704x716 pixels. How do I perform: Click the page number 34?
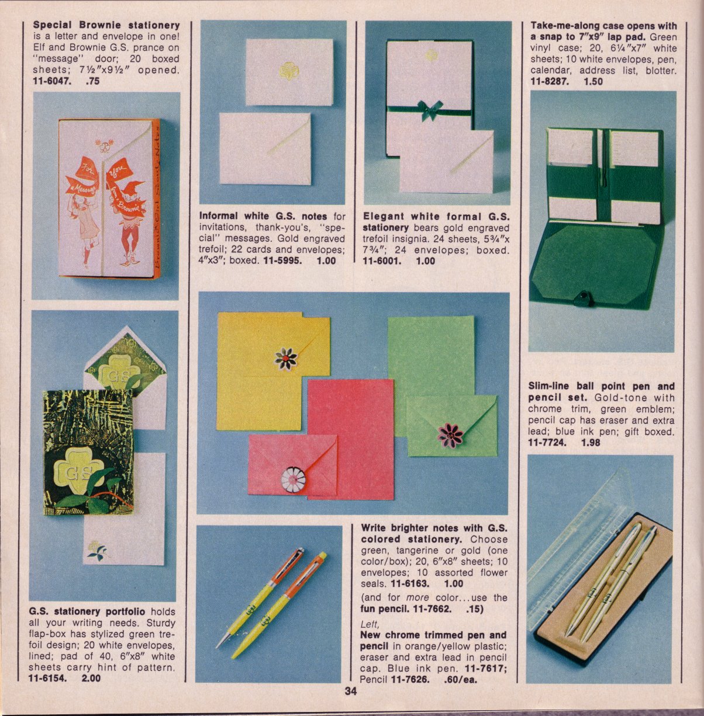tap(350, 691)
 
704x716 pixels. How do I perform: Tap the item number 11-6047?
tap(51, 81)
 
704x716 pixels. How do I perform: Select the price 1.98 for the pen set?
tap(591, 443)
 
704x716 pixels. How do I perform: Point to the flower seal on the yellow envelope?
tap(286, 359)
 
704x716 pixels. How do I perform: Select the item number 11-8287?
tap(550, 81)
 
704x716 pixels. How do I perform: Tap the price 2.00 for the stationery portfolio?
tap(91, 678)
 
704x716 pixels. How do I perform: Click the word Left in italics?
tap(370, 624)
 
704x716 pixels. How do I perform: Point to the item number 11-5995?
tap(282, 261)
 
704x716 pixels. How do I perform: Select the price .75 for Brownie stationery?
tap(92, 81)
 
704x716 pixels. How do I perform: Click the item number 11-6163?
tap(410, 583)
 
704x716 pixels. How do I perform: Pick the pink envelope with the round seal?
tap(293, 464)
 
